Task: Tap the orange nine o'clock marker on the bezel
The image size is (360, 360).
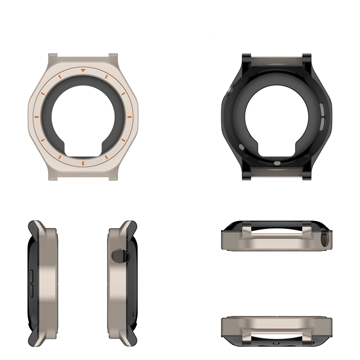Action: click(x=36, y=117)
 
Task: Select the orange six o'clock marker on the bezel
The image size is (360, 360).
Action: click(x=83, y=164)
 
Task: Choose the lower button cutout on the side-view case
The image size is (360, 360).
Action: click(x=30, y=289)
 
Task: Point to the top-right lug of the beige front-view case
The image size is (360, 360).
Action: click(x=113, y=58)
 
